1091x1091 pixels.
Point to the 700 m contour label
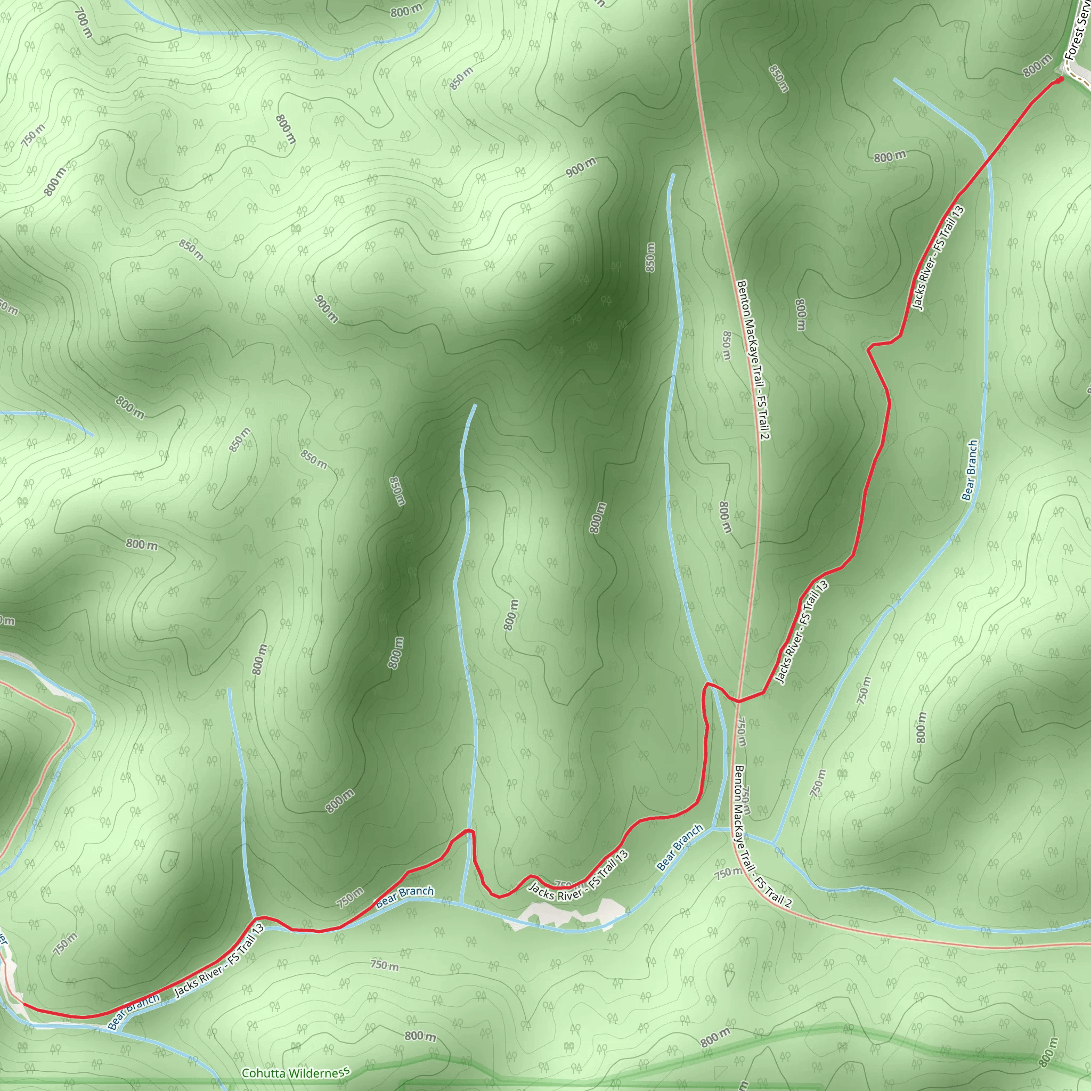click(83, 22)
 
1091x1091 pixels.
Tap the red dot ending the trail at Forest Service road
click(1060, 79)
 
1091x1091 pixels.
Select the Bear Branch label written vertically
click(970, 470)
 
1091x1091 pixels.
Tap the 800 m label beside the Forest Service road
click(1037, 66)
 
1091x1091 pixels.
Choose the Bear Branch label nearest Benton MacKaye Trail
click(680, 847)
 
